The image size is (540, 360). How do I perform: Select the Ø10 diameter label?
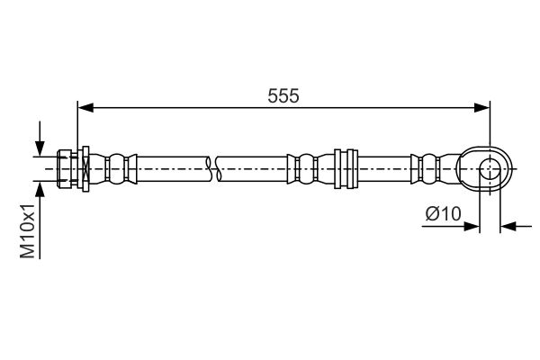point(443,213)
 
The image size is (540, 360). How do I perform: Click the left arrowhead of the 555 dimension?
point(85,108)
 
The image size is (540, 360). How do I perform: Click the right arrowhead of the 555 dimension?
point(483,108)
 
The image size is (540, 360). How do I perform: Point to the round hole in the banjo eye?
point(490,168)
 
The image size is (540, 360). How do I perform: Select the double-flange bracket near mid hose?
point(342,168)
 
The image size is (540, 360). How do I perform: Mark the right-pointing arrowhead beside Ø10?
point(472,226)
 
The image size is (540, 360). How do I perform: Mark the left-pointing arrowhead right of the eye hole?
point(507,226)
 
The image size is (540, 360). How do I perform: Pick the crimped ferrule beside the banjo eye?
point(430,168)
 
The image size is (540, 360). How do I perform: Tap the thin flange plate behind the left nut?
point(84,168)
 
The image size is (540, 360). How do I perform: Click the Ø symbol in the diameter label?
point(429,213)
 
